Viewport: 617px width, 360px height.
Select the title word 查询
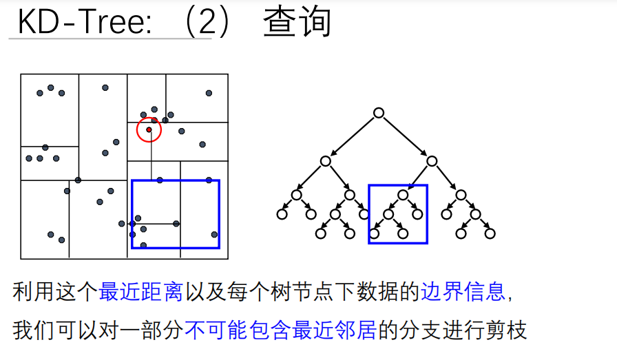click(297, 23)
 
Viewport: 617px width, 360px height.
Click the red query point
click(149, 129)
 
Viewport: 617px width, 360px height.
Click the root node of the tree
click(378, 113)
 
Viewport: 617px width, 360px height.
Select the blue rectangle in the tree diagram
click(398, 186)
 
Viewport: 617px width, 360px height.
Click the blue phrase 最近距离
click(140, 292)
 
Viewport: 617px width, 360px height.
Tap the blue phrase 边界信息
click(463, 292)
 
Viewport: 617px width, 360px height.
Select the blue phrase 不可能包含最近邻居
click(280, 330)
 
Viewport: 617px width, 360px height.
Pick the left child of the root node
click(325, 161)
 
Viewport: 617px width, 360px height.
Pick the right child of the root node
click(431, 161)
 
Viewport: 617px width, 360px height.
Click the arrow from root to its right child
click(405, 137)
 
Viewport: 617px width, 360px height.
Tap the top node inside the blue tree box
click(403, 195)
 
